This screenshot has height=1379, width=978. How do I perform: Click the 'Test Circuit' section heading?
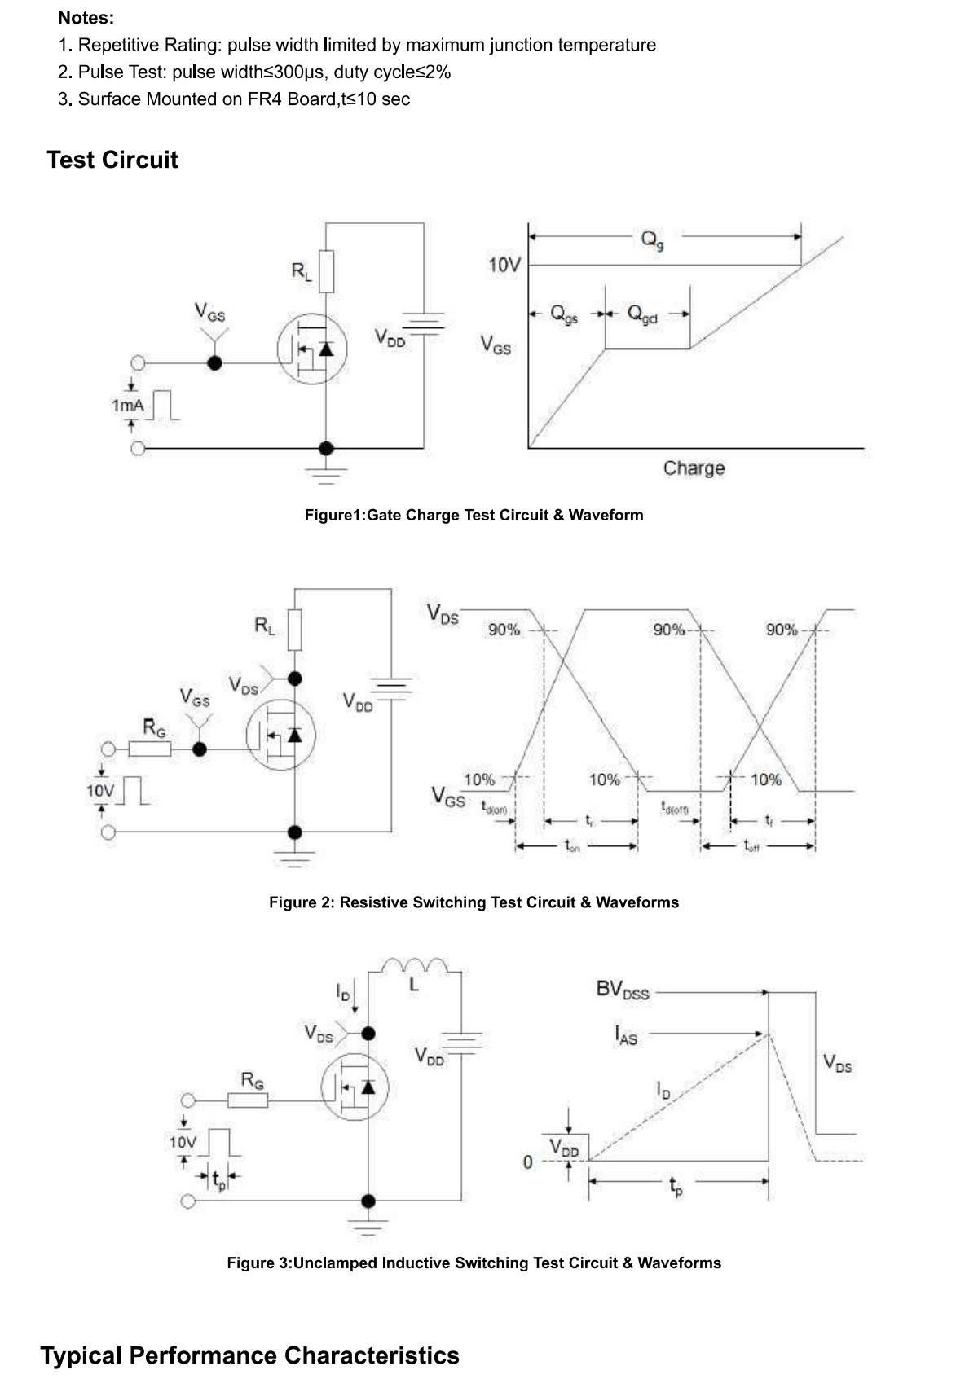click(112, 160)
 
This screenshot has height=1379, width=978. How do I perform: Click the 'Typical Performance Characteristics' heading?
click(249, 1355)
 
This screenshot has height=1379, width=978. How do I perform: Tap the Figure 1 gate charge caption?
click(474, 515)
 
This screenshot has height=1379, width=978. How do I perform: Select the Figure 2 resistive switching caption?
click(474, 902)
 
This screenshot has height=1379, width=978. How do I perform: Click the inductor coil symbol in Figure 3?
click(415, 965)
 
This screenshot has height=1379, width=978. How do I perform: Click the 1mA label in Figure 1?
click(127, 406)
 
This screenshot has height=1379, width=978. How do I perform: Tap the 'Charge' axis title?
click(694, 468)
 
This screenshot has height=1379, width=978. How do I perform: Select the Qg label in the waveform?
click(652, 239)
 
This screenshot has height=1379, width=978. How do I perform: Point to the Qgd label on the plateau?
click(641, 314)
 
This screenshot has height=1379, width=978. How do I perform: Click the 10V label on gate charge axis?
click(504, 266)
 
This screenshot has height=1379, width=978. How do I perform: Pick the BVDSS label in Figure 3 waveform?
click(622, 990)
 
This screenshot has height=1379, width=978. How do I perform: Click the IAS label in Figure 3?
click(626, 1034)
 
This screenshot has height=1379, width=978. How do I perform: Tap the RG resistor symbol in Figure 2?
click(150, 749)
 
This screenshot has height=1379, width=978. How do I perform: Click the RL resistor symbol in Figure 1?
click(327, 271)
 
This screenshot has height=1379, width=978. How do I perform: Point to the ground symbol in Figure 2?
click(294, 859)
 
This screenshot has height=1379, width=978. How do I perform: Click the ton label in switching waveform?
click(572, 846)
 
